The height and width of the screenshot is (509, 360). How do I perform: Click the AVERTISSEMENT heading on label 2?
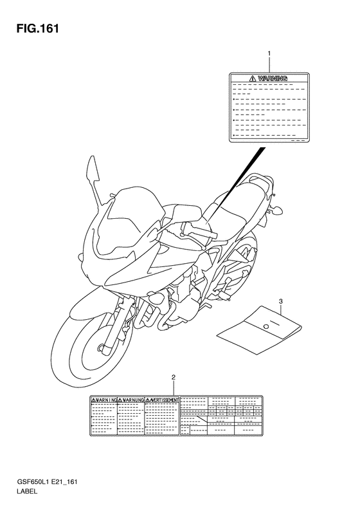pyautogui.click(x=163, y=400)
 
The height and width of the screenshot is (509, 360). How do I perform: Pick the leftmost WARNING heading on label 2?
pyautogui.click(x=103, y=400)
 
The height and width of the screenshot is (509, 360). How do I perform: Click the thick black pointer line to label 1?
pyautogui.click(x=239, y=183)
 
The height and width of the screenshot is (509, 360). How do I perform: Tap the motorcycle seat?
pyautogui.click(x=244, y=193)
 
